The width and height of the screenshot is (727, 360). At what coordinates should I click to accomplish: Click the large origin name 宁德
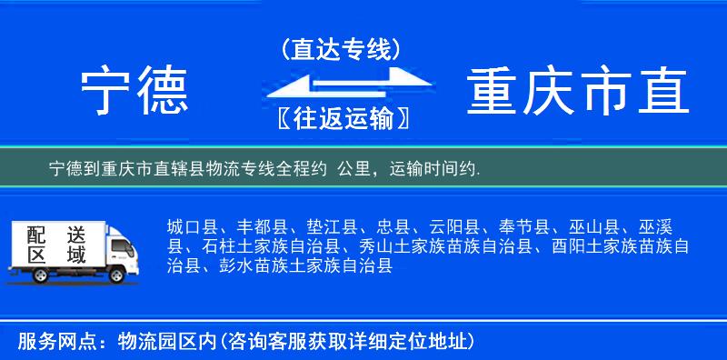[x=134, y=92]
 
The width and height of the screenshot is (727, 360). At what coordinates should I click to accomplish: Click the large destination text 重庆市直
[x=578, y=92]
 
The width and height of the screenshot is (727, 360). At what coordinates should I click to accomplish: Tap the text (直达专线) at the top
[x=342, y=50]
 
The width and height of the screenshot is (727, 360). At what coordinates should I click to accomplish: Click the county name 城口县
[x=191, y=226]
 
